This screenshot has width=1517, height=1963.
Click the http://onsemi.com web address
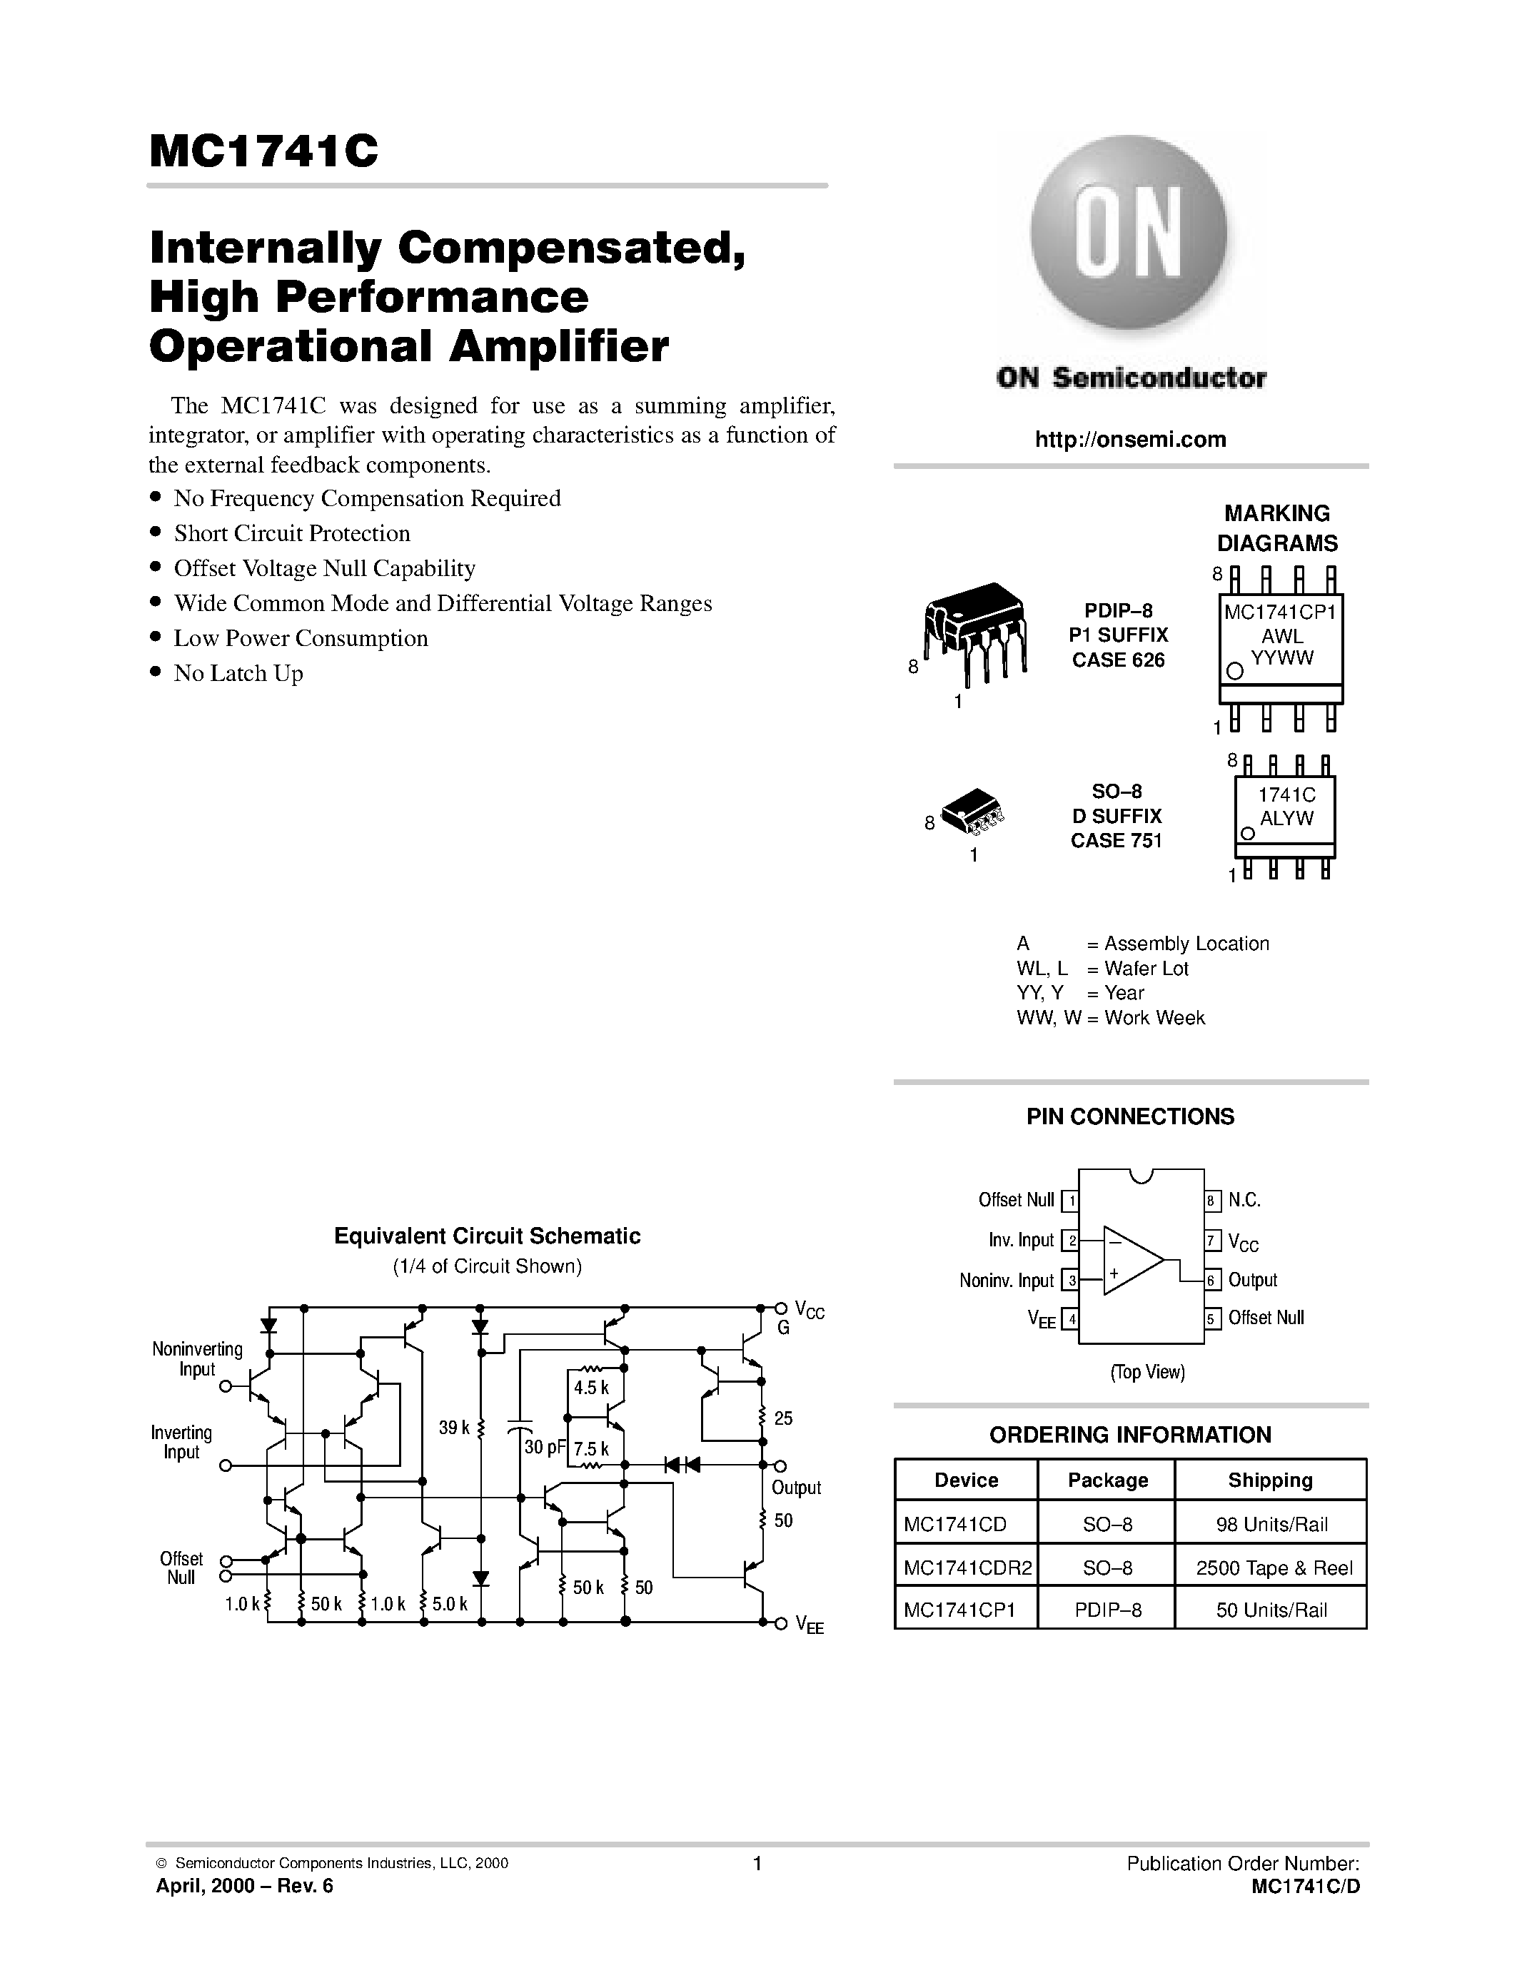click(1129, 440)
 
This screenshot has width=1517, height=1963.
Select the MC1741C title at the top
click(263, 151)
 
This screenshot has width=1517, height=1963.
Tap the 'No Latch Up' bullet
click(238, 673)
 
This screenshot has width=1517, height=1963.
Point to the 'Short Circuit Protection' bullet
click(291, 533)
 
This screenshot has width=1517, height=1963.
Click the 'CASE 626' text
click(1117, 660)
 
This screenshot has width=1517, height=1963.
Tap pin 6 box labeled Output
click(1213, 1280)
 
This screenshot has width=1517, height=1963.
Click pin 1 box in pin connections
click(1069, 1201)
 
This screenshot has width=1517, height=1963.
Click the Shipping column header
click(1270, 1480)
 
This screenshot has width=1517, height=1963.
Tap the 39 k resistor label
click(454, 1428)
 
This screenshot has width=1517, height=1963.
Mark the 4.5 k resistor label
click(590, 1388)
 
